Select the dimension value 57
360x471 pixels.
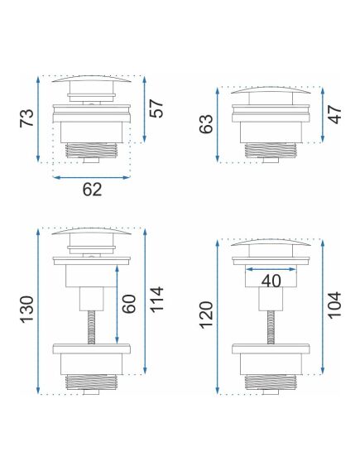pos(158,108)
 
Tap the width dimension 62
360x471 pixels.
pos(92,190)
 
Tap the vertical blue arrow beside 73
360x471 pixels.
pos(38,119)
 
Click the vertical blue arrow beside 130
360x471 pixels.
pos(38,311)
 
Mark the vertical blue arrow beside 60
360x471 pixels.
pos(116,312)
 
